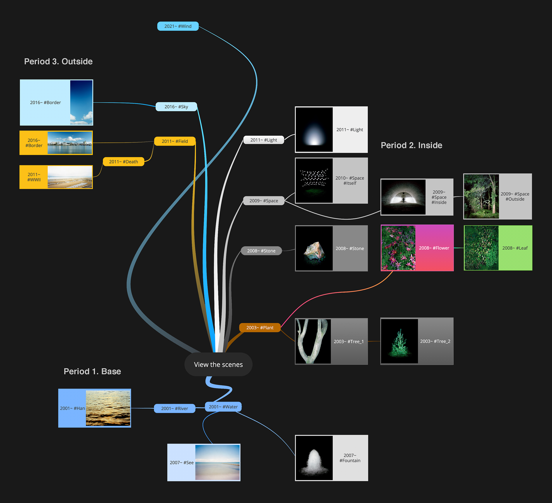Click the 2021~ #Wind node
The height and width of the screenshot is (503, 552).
[x=178, y=26]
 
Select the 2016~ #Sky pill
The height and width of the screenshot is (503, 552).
[x=176, y=107]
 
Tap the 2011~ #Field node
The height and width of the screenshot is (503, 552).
[x=175, y=141]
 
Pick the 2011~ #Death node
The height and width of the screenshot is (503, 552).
[x=123, y=162]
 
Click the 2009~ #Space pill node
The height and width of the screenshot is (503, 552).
[x=264, y=201]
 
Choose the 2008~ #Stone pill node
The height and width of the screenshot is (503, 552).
[x=261, y=251]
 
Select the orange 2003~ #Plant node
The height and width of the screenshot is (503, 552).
[x=260, y=328]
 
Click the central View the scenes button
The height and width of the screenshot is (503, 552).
[x=218, y=364]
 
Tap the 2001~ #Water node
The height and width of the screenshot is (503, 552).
[x=223, y=407]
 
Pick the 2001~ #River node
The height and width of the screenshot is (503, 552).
[x=175, y=408]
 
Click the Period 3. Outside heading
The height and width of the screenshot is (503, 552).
[x=58, y=62]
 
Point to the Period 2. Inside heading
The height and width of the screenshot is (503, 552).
[x=411, y=145]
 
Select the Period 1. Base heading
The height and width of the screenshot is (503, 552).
[x=92, y=371]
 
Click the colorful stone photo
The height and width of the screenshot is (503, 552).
[x=314, y=248]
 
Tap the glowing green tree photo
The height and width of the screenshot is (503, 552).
[x=399, y=341]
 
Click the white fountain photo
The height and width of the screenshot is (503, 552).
[x=314, y=458]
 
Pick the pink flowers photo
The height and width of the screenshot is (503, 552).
[x=398, y=248]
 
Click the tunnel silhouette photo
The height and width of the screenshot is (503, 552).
[x=403, y=197]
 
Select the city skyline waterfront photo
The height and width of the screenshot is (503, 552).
[x=70, y=143]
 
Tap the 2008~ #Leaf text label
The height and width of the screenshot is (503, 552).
[x=515, y=248]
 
